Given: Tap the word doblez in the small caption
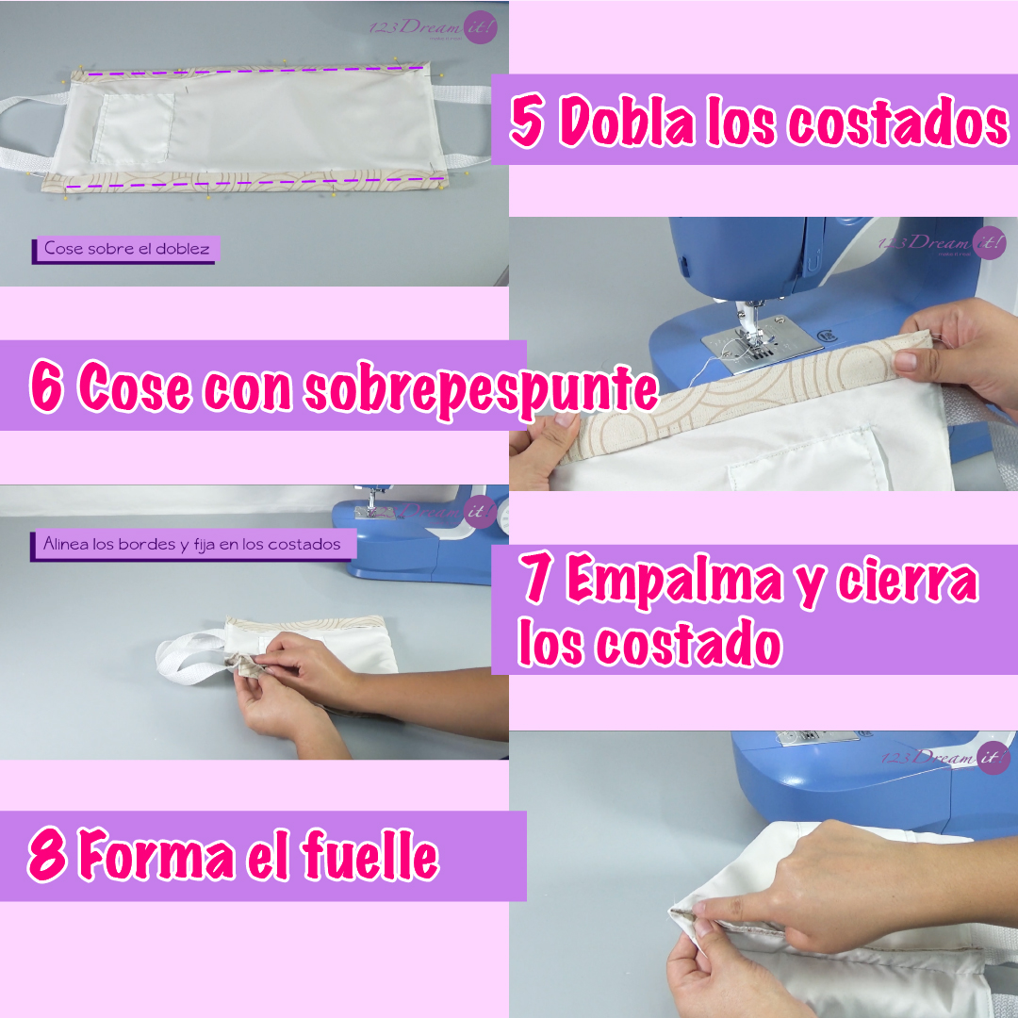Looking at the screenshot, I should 186,249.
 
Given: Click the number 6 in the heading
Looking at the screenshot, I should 46,387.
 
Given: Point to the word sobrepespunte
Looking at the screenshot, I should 480,389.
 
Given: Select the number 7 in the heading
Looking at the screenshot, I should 537,582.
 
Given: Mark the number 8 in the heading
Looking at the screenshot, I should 46,857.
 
